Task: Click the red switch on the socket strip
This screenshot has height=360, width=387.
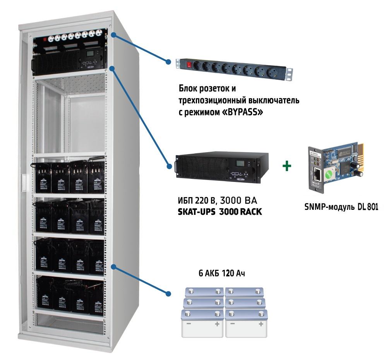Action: point(189,65)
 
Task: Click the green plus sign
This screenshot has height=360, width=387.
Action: point(287,166)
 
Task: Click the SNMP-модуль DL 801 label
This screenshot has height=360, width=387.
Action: point(341,207)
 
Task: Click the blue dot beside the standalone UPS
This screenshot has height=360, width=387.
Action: point(169,166)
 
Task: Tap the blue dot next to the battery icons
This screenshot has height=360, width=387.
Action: point(168,293)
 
